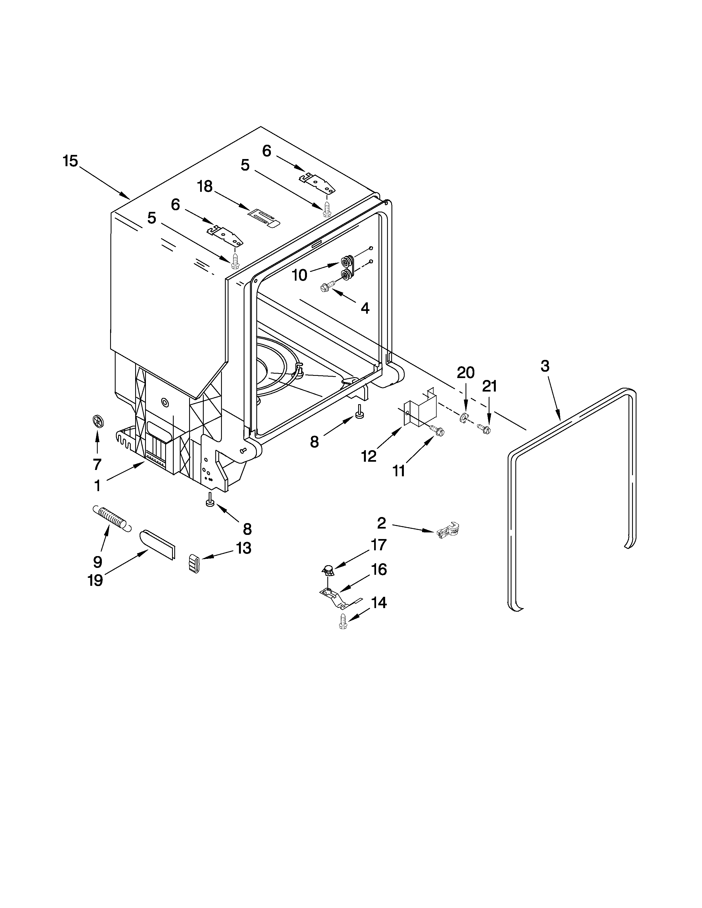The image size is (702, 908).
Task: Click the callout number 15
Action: coord(70,161)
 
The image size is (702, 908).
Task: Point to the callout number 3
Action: coord(545,366)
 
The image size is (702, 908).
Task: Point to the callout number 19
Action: coord(95,580)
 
